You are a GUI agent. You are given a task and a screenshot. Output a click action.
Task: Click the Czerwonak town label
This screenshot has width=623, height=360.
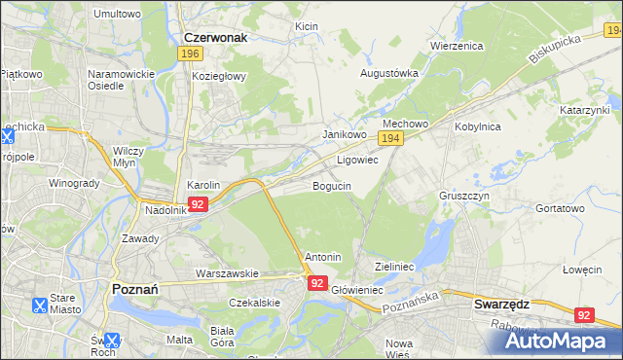pyautogui.click(x=214, y=37)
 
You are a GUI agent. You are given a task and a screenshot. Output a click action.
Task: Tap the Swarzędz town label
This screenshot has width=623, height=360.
pyautogui.click(x=501, y=304)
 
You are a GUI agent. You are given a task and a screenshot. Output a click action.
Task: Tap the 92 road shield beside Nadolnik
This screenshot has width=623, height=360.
pyautogui.click(x=198, y=204)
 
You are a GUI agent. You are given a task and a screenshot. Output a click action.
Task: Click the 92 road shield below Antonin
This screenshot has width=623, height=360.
pyautogui.click(x=317, y=282)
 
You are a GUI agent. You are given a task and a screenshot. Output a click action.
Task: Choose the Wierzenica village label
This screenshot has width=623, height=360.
pyautogui.click(x=457, y=46)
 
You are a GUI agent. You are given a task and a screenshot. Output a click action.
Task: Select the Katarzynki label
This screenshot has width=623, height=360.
pyautogui.click(x=584, y=111)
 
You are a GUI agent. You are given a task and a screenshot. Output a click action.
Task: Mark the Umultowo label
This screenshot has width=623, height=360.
pyautogui.click(x=117, y=15)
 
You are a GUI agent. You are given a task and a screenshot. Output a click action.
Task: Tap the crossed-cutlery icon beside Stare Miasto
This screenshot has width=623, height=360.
pyautogui.click(x=40, y=305)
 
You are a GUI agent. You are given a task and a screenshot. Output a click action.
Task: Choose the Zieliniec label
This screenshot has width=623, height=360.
pyautogui.click(x=395, y=266)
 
